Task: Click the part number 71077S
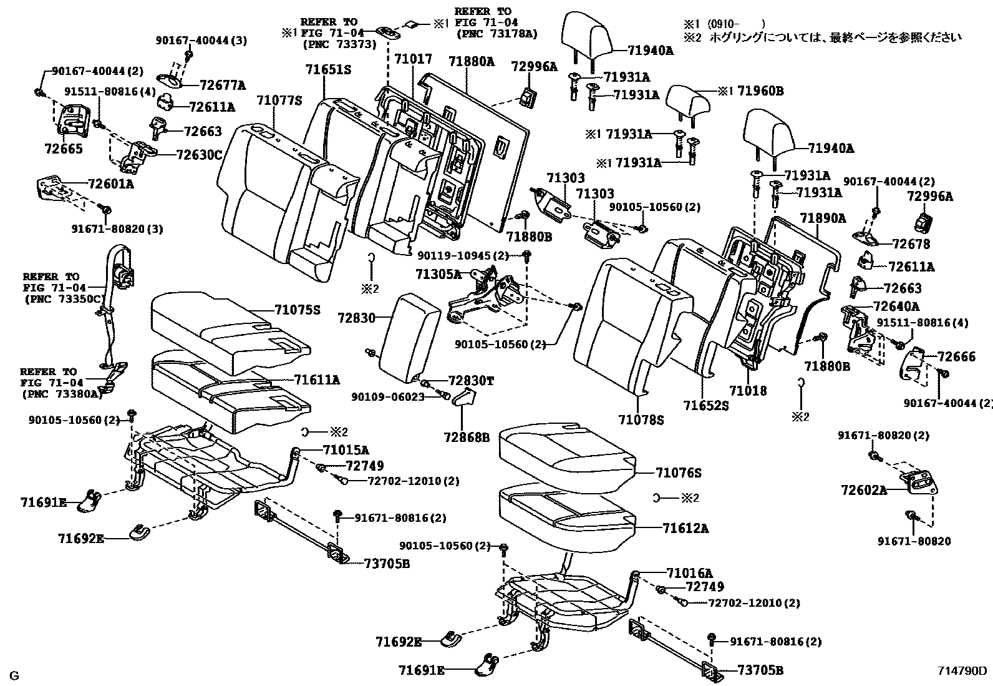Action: click(279, 100)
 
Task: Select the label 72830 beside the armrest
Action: click(357, 318)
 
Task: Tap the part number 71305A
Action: click(438, 274)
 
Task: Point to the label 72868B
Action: click(467, 437)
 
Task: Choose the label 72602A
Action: click(863, 490)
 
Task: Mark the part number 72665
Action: click(63, 149)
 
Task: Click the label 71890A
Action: click(823, 218)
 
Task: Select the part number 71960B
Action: click(760, 91)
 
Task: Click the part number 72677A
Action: click(222, 86)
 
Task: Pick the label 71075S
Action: click(298, 309)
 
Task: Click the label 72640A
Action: click(896, 306)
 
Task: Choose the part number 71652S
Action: click(706, 405)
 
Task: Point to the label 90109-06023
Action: click(387, 397)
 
